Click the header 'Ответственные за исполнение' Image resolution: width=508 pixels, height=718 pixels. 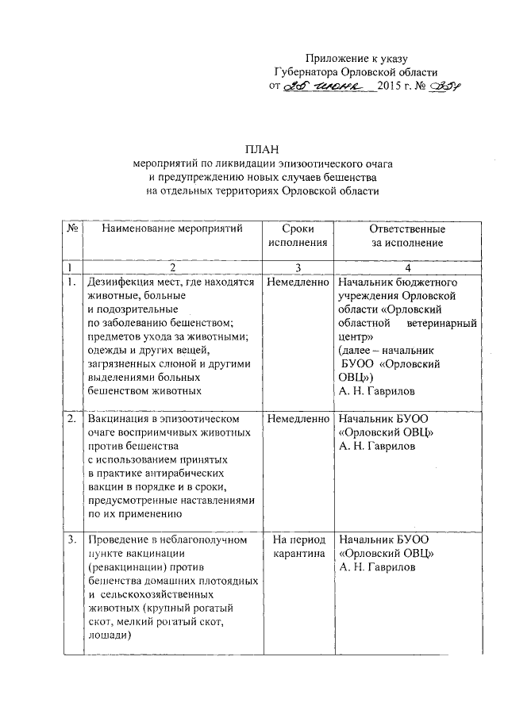click(x=407, y=236)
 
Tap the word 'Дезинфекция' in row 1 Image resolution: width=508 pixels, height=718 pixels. click(x=124, y=282)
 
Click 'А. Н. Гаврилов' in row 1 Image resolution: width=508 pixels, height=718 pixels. click(x=375, y=391)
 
